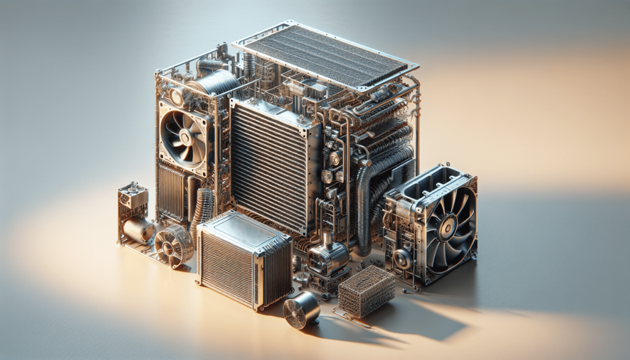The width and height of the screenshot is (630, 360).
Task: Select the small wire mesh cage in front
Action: (x=367, y=291)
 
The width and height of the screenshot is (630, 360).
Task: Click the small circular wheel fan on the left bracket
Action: (x=173, y=245)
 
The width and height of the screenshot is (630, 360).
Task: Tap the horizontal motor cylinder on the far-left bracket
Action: (x=138, y=230)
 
